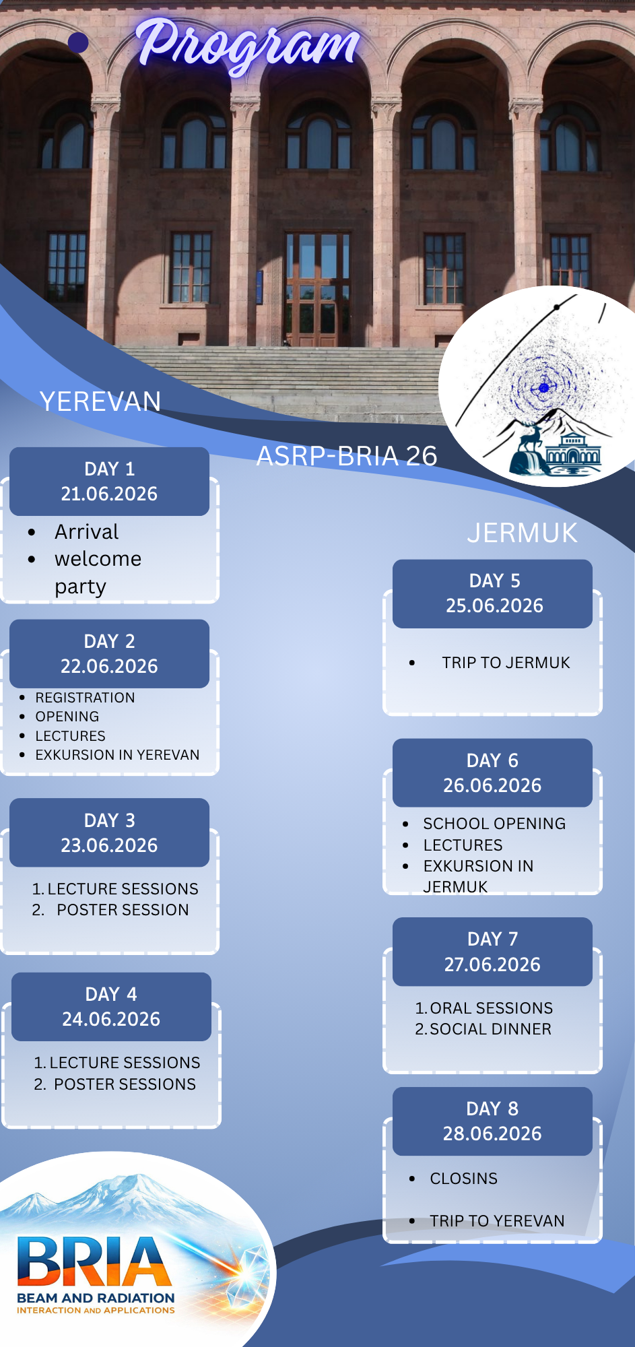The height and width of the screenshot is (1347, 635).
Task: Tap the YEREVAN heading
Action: pyautogui.click(x=100, y=401)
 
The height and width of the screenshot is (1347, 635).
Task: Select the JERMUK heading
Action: pyautogui.click(x=523, y=533)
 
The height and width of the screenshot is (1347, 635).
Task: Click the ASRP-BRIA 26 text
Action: pyautogui.click(x=347, y=456)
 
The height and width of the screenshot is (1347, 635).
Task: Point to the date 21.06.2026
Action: pyautogui.click(x=109, y=494)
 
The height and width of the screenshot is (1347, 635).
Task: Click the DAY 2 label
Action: pyautogui.click(x=109, y=641)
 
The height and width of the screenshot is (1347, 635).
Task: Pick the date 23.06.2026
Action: pyautogui.click(x=109, y=845)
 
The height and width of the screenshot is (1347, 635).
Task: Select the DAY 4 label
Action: pyautogui.click(x=111, y=994)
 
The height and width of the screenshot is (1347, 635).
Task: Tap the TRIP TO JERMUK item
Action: pyautogui.click(x=506, y=663)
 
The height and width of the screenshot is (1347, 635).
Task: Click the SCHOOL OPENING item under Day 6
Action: pyautogui.click(x=494, y=824)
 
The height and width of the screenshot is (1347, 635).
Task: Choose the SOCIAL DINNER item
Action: pyautogui.click(x=490, y=1029)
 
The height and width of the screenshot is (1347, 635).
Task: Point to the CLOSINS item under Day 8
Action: pyautogui.click(x=464, y=1179)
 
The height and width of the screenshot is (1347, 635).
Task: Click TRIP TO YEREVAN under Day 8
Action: pyautogui.click(x=497, y=1221)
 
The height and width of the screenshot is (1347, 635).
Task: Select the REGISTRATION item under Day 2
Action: pyautogui.click(x=85, y=698)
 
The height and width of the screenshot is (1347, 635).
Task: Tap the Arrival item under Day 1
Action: pyautogui.click(x=86, y=532)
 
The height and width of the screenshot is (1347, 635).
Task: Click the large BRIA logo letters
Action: pyautogui.click(x=94, y=1261)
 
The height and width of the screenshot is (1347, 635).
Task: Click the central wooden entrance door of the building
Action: pyautogui.click(x=317, y=290)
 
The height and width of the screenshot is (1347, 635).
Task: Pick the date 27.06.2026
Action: pyautogui.click(x=492, y=964)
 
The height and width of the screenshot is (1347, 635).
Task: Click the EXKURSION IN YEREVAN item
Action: pyautogui.click(x=117, y=755)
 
